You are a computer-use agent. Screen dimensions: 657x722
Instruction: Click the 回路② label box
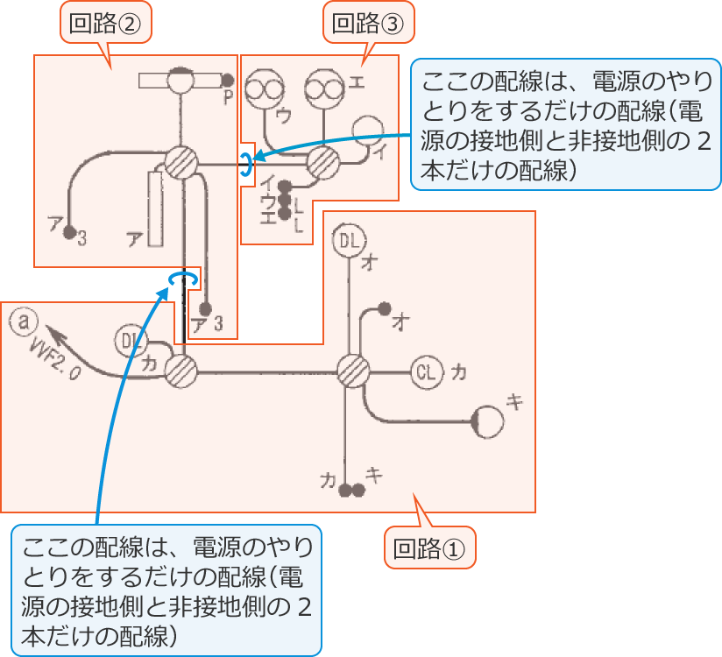(105, 24)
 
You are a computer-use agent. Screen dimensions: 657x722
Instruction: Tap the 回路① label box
(430, 548)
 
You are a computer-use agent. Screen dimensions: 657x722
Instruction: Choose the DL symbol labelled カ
(131, 340)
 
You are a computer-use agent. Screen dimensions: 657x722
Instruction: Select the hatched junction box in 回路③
(322, 162)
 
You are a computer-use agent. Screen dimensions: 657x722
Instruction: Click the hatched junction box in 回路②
(181, 162)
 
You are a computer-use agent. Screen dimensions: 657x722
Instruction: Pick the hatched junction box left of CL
(353, 371)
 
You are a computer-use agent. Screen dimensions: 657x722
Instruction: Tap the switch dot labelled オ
(384, 308)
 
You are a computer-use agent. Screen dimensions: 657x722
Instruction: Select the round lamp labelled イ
(368, 131)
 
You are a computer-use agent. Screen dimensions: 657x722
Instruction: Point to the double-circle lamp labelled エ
(323, 88)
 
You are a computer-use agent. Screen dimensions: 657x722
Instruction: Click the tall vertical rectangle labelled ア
(157, 209)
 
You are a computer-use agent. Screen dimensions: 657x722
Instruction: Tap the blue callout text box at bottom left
(166, 590)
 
